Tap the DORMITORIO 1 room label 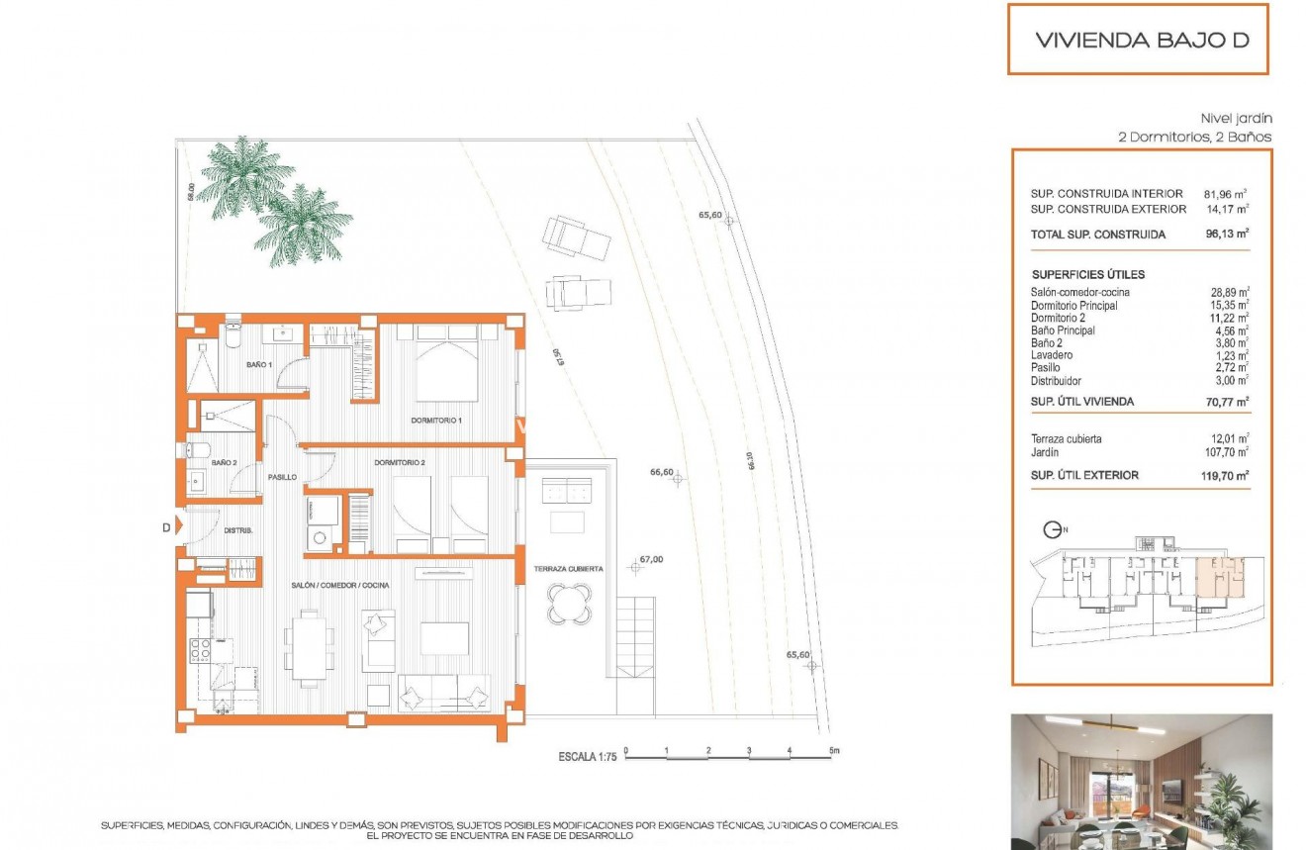point(437,421)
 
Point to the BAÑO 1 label point(259,365)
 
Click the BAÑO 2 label point(224,462)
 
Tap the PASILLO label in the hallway point(282,477)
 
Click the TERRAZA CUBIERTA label point(568,569)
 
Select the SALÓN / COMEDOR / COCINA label point(339,586)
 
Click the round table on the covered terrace point(570,603)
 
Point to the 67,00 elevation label point(651,560)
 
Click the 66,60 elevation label point(661,473)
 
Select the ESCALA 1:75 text point(588,757)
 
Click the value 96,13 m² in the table point(1227,235)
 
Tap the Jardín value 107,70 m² point(1227,451)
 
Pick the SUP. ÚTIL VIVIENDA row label point(1082,402)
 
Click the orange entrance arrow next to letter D point(180,526)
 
